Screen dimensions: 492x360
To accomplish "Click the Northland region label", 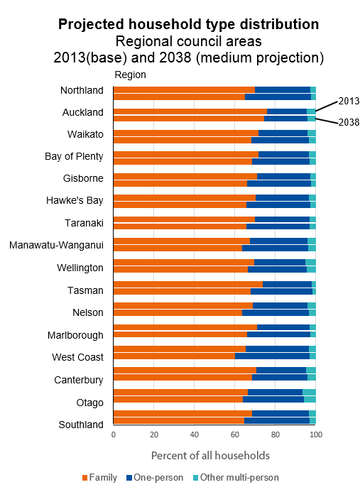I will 82,90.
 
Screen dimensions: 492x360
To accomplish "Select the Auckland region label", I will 82,112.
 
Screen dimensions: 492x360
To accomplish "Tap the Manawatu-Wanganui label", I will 57,246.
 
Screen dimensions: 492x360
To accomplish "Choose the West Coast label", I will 78,357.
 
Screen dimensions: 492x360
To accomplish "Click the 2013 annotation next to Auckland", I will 348,101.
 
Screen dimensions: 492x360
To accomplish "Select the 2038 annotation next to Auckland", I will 348,122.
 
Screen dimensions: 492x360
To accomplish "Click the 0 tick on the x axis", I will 114,434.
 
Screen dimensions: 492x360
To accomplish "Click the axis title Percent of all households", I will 210,454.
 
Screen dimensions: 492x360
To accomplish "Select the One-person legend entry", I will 157,478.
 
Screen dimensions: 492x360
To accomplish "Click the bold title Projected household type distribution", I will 188,24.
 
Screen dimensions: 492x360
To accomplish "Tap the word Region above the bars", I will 130,75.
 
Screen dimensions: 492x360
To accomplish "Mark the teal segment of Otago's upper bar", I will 309,392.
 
